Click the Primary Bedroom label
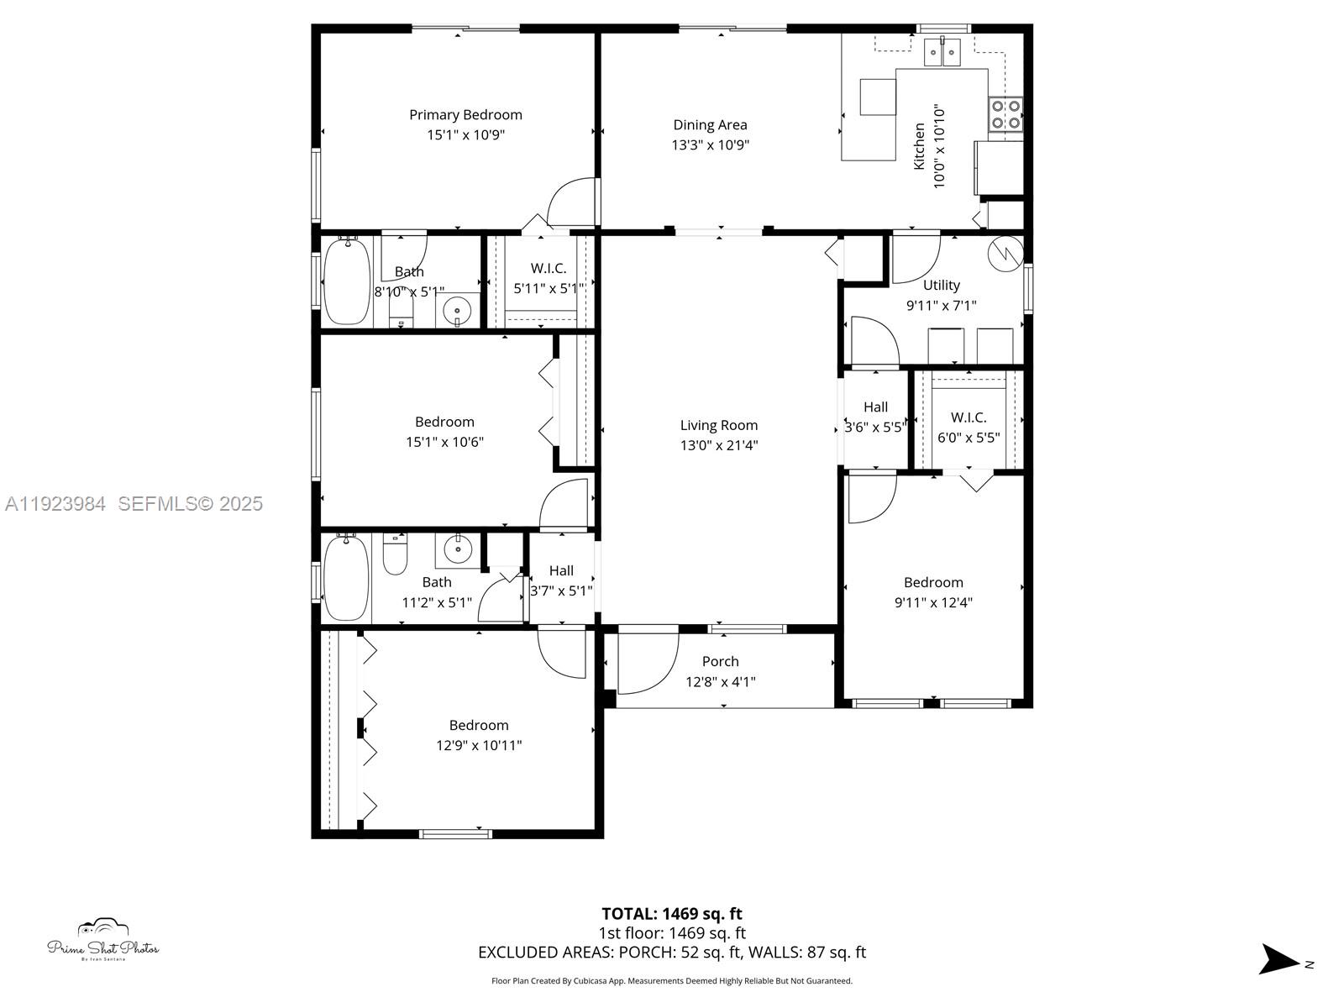click(465, 115)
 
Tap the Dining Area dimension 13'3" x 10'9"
click(711, 145)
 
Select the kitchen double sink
click(942, 51)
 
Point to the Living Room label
click(719, 425)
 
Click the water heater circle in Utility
click(1005, 254)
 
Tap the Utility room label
click(941, 286)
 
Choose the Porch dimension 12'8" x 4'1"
click(721, 682)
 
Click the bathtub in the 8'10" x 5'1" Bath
click(347, 281)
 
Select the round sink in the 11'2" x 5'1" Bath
click(457, 550)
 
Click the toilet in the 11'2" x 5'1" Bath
click(395, 554)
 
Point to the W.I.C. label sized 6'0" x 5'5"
click(969, 417)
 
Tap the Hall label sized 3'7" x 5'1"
click(561, 571)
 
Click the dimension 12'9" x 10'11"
click(479, 745)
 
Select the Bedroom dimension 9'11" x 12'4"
click(933, 602)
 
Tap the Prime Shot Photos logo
click(103, 940)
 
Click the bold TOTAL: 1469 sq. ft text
click(672, 914)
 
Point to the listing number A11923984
click(55, 504)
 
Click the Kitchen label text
click(919, 146)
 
